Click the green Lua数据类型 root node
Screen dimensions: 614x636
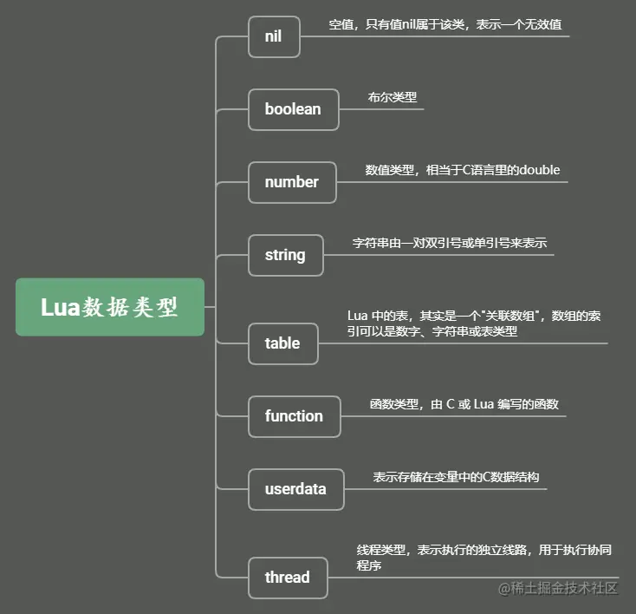tap(110, 307)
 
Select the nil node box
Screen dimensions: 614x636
tap(273, 36)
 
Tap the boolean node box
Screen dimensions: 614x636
tap(293, 109)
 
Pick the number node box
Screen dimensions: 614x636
tap(292, 182)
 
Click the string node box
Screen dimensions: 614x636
tap(285, 255)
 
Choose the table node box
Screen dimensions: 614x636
tap(282, 343)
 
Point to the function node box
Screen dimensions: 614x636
tap(294, 416)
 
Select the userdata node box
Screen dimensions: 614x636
tap(295, 489)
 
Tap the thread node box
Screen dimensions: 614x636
tap(287, 578)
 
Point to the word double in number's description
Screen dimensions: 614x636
tap(539, 170)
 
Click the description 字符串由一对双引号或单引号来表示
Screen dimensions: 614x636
tap(449, 244)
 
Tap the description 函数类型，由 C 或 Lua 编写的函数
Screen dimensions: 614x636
tap(464, 404)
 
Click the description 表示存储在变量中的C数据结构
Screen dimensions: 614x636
tap(458, 477)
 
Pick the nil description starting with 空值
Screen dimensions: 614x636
tap(451, 25)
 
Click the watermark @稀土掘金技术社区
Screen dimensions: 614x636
tap(557, 589)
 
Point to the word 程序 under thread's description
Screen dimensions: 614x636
tap(369, 565)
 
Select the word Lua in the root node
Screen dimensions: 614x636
tap(62, 307)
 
